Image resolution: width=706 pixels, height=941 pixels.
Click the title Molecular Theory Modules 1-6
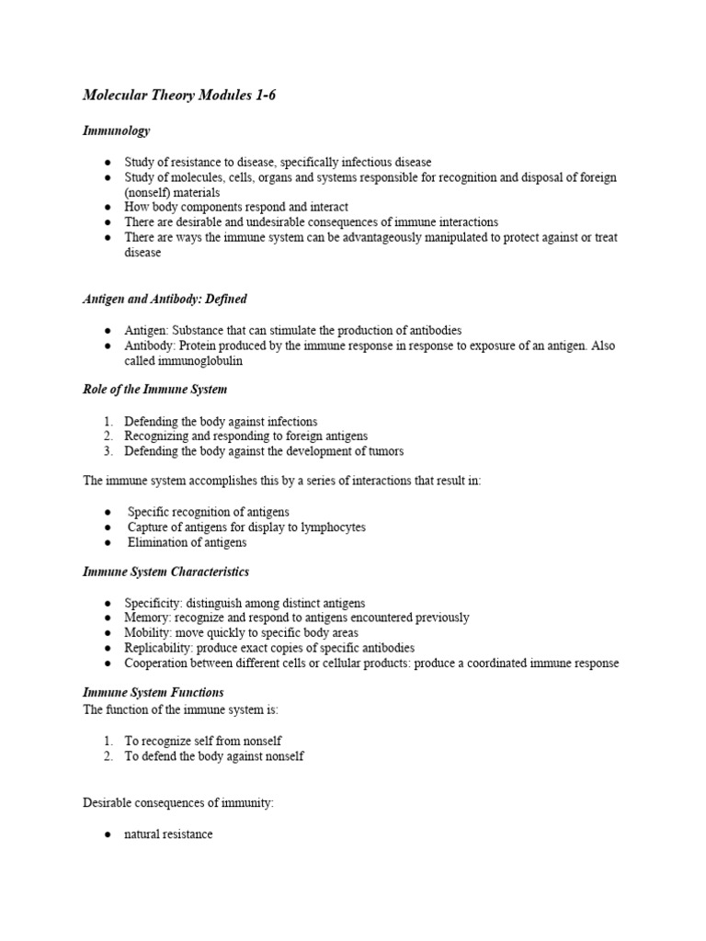click(179, 96)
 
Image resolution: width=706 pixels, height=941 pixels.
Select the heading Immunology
click(116, 131)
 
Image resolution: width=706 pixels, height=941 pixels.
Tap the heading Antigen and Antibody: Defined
click(165, 300)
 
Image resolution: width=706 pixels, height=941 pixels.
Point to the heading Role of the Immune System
click(154, 390)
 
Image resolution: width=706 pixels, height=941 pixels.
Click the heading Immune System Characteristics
click(165, 572)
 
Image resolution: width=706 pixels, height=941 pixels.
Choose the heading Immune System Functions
click(153, 692)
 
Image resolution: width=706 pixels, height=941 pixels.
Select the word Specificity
click(153, 603)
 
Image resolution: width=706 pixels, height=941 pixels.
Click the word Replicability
click(157, 648)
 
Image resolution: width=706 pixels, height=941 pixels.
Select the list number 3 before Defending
click(108, 451)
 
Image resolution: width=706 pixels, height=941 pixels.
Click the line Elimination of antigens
click(188, 542)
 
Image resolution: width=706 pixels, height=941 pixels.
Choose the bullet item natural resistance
click(168, 834)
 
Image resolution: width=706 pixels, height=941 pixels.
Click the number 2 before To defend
click(108, 756)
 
